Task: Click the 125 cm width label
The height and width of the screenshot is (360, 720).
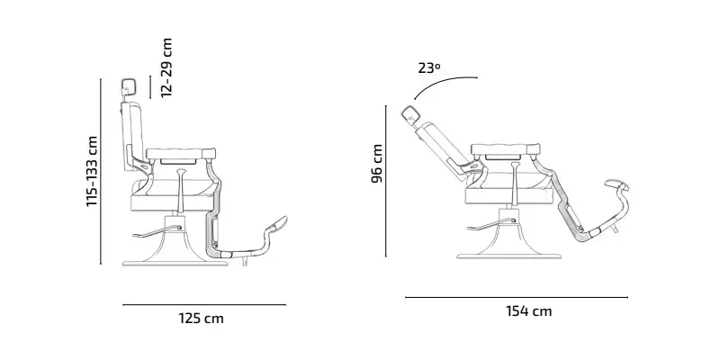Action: (x=201, y=319)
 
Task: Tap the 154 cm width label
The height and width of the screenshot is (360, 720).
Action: (x=529, y=311)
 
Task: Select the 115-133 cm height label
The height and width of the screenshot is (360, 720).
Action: (x=92, y=171)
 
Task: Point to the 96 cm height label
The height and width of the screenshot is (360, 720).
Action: (x=377, y=164)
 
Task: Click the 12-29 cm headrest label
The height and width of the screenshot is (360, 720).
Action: (x=166, y=67)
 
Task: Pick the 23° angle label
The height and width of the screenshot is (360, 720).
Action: (x=429, y=68)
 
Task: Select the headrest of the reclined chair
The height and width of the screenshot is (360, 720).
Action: (x=409, y=114)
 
